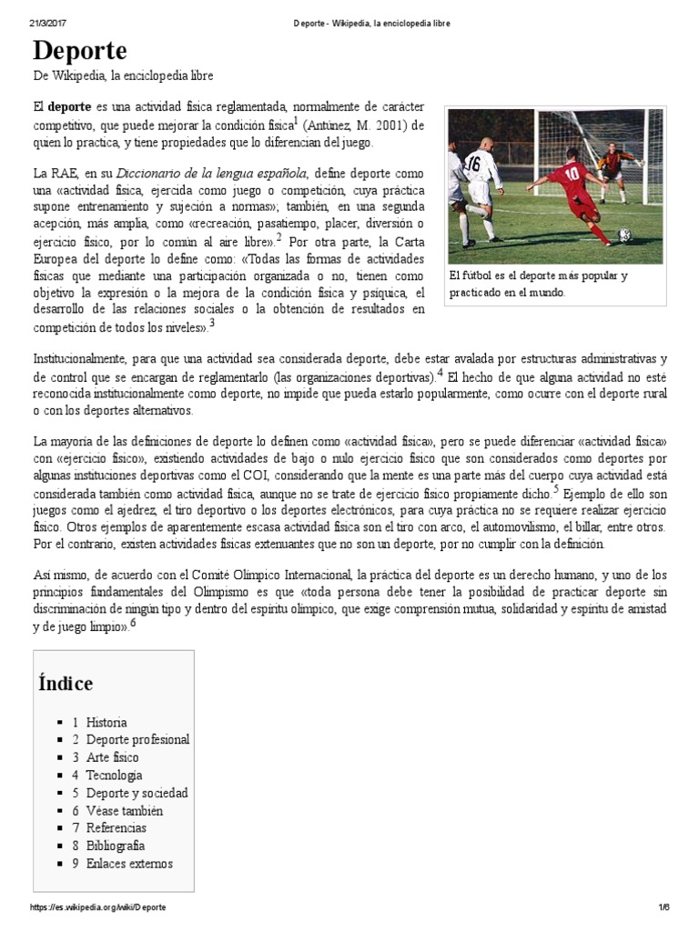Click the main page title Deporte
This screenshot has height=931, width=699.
[x=80, y=49]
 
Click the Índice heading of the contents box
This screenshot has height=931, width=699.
[x=66, y=683]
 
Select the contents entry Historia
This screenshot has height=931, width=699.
[x=106, y=722]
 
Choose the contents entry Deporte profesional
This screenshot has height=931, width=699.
[x=137, y=740]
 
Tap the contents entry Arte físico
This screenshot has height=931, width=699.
[x=113, y=757]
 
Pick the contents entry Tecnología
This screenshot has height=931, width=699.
[x=114, y=776]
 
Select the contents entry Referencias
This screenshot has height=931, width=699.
[x=116, y=828]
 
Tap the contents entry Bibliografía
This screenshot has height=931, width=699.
[x=116, y=846]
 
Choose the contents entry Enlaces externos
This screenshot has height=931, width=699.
[x=129, y=864]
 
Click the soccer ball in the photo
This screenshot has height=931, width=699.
[x=625, y=235]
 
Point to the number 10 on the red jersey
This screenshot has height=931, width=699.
[x=572, y=174]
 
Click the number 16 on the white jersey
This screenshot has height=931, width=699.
[x=471, y=165]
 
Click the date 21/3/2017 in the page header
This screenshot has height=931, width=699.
[x=46, y=23]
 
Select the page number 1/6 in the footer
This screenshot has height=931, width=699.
[x=663, y=908]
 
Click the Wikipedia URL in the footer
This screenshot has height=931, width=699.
[x=98, y=908]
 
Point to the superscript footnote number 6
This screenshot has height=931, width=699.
[x=133, y=623]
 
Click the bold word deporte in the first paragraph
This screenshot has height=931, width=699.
[x=69, y=105]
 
